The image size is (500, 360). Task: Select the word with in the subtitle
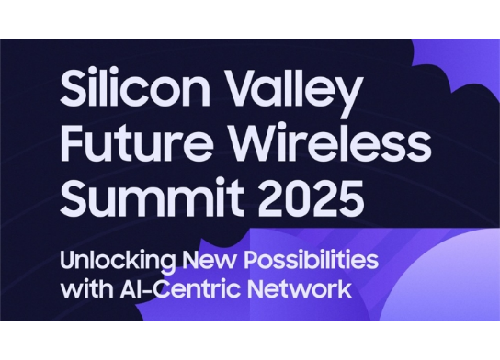click(85, 288)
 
